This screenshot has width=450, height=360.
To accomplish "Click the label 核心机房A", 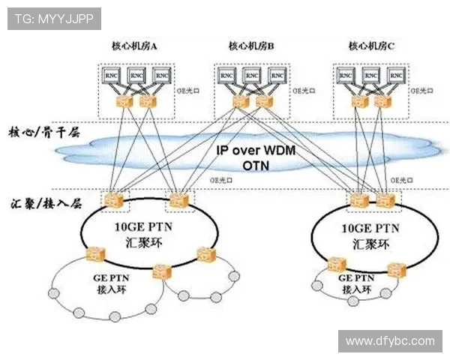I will [x=135, y=46].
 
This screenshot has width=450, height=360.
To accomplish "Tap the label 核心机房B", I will [x=251, y=46].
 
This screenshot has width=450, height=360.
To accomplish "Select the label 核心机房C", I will [x=371, y=46].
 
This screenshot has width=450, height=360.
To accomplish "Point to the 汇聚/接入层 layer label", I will [x=44, y=202].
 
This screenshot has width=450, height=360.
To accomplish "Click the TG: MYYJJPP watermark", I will [x=54, y=19].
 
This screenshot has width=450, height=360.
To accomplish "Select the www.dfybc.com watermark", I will [x=390, y=341].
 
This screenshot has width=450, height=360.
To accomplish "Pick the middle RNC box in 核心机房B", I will [x=253, y=76].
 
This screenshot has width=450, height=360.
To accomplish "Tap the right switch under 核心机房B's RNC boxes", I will [x=262, y=101].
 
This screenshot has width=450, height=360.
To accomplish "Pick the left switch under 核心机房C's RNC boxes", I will [x=358, y=101].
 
